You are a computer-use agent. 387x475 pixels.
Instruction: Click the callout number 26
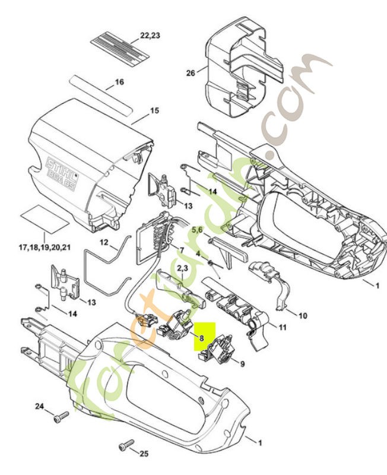[190, 73]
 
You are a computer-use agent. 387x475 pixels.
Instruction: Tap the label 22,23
[151, 36]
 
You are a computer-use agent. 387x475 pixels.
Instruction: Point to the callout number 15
[154, 110]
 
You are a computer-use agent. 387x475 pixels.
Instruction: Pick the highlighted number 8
[202, 337]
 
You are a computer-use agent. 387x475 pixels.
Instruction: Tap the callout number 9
[242, 362]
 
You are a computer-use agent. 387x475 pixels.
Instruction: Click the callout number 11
[283, 327]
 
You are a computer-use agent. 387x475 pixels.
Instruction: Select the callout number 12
[103, 242]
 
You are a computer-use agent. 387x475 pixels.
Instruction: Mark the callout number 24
[39, 407]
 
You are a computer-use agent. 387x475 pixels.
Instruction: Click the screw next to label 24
[58, 419]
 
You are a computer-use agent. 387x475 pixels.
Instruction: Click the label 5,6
[196, 229]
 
